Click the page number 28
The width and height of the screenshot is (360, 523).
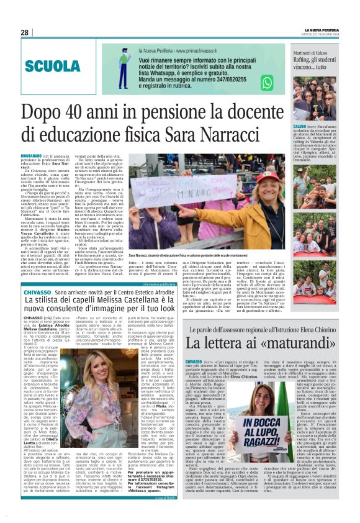click(25, 32)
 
